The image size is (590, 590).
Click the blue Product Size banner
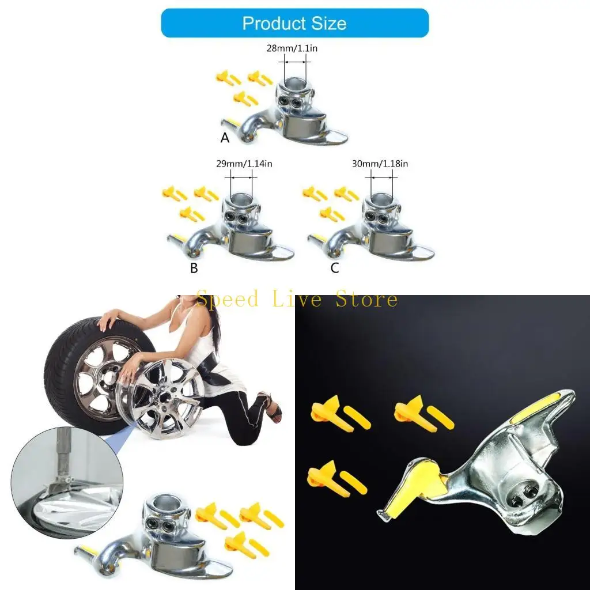pos(294,24)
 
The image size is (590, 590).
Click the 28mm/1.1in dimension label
pos(292,48)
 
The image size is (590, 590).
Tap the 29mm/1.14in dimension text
pos(244,164)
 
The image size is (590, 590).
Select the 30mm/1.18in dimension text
pos(380,164)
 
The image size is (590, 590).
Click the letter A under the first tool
pos(225,138)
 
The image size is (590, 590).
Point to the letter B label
pos(194,268)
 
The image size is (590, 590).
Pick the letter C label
pos(335,268)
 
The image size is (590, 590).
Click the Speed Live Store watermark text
pos(297,300)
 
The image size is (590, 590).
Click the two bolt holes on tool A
pos(290,103)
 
